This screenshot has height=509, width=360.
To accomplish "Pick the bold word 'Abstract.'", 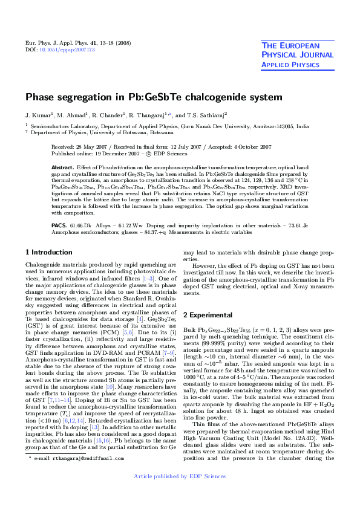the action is click(63, 167).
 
